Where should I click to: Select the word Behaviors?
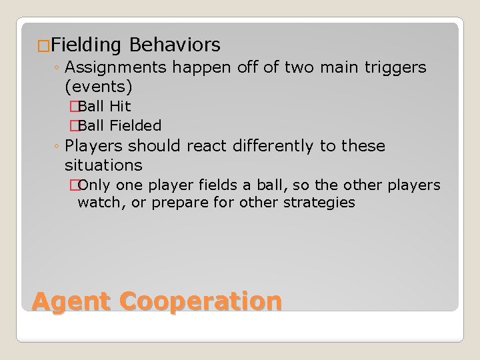point(175,45)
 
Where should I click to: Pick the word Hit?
point(120,107)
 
